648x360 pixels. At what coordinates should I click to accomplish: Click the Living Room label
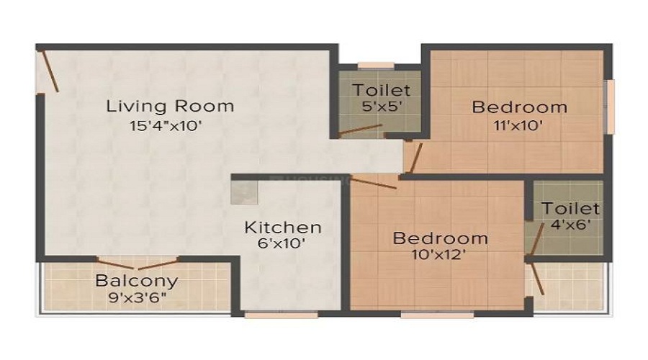[x=170, y=107]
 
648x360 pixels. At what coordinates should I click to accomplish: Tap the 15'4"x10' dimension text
[x=166, y=126]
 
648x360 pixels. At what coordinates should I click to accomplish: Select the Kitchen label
[x=283, y=228]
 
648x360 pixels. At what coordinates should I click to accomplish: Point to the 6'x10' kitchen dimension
[x=281, y=243]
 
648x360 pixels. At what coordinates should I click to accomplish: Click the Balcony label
[x=137, y=281]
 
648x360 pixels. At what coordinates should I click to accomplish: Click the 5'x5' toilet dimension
[x=382, y=107]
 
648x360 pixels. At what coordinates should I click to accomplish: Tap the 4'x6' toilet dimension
[x=570, y=225]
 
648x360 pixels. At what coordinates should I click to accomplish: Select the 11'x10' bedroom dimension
[x=518, y=125]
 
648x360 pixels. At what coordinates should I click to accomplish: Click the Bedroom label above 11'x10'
[x=519, y=107]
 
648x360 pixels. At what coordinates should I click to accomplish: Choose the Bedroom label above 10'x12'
[x=440, y=238]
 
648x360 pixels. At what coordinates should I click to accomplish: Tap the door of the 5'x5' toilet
[x=360, y=130]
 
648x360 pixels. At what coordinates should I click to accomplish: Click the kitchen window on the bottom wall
[x=282, y=315]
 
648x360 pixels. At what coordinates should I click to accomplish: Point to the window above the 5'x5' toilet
[x=376, y=66]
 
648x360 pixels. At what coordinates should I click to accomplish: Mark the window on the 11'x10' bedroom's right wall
[x=610, y=107]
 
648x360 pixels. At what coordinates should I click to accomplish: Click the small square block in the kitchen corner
[x=245, y=193]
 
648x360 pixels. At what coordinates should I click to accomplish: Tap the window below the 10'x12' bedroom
[x=437, y=315]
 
